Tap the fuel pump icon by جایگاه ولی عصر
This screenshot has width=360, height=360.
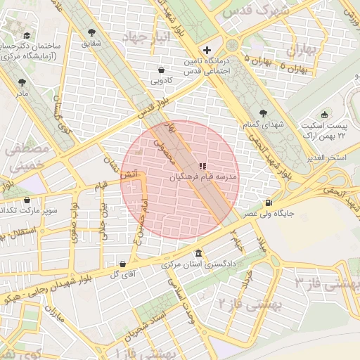(x=269, y=203)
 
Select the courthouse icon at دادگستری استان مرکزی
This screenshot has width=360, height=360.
(x=200, y=253)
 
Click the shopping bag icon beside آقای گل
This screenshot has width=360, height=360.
(x=124, y=264)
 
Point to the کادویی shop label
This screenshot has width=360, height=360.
(x=162, y=80)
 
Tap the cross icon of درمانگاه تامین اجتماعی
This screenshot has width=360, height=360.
(x=207, y=50)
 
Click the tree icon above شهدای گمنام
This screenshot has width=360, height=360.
(x=264, y=112)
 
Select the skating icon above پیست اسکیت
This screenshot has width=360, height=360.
(x=324, y=115)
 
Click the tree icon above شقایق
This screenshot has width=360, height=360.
(x=92, y=32)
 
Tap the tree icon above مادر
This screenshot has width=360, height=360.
(x=22, y=82)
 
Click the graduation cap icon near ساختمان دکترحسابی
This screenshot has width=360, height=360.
(x=27, y=35)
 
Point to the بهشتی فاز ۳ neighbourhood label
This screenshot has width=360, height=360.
(x=326, y=283)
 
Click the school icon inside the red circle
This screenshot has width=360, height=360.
(x=202, y=166)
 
